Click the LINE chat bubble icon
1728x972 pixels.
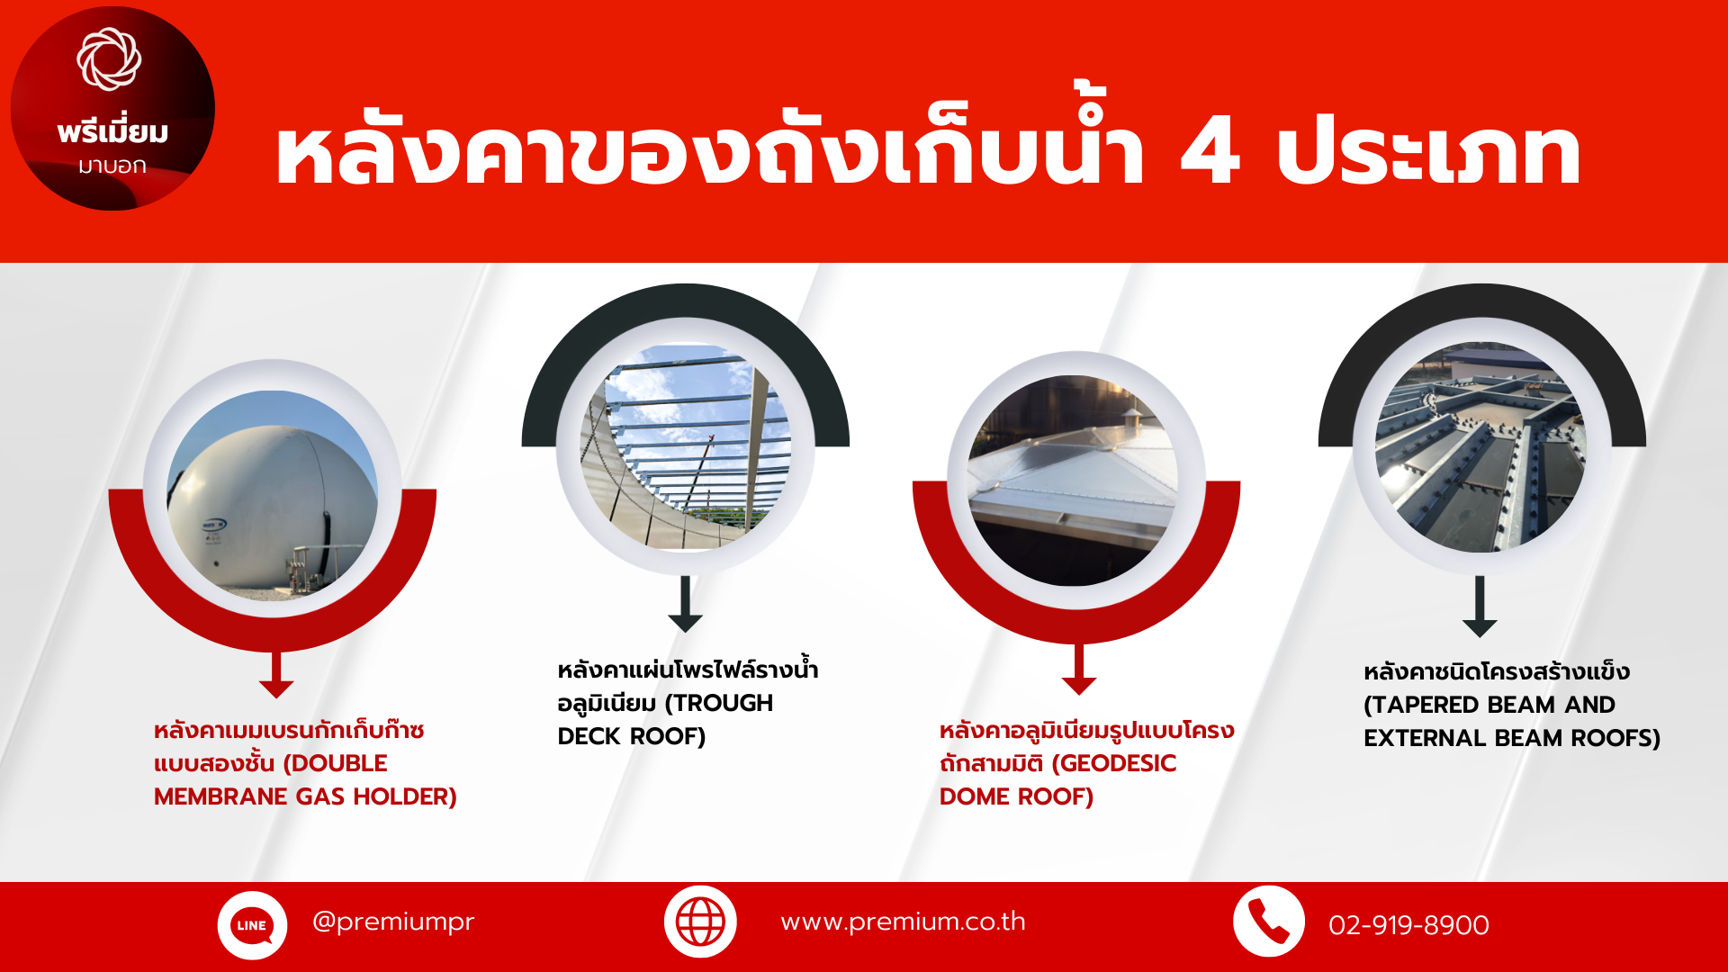pos(252,925)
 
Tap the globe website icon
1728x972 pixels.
pos(700,922)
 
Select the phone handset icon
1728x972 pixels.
pos(1269,922)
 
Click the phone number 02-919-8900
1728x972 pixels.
pos(1408,925)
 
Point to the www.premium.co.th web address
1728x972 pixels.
pos(903,922)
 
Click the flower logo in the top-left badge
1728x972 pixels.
pos(109,59)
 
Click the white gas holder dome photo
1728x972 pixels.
pos(273,495)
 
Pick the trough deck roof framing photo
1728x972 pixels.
pos(686,446)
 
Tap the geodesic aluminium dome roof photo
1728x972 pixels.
pos(1073,481)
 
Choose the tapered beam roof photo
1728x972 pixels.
pos(1480,447)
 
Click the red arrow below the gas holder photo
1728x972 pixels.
pos(276,675)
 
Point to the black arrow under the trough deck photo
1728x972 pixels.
pos(686,604)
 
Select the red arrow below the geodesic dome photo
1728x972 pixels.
pos(1079,670)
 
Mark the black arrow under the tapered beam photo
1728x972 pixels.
pos(1480,607)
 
